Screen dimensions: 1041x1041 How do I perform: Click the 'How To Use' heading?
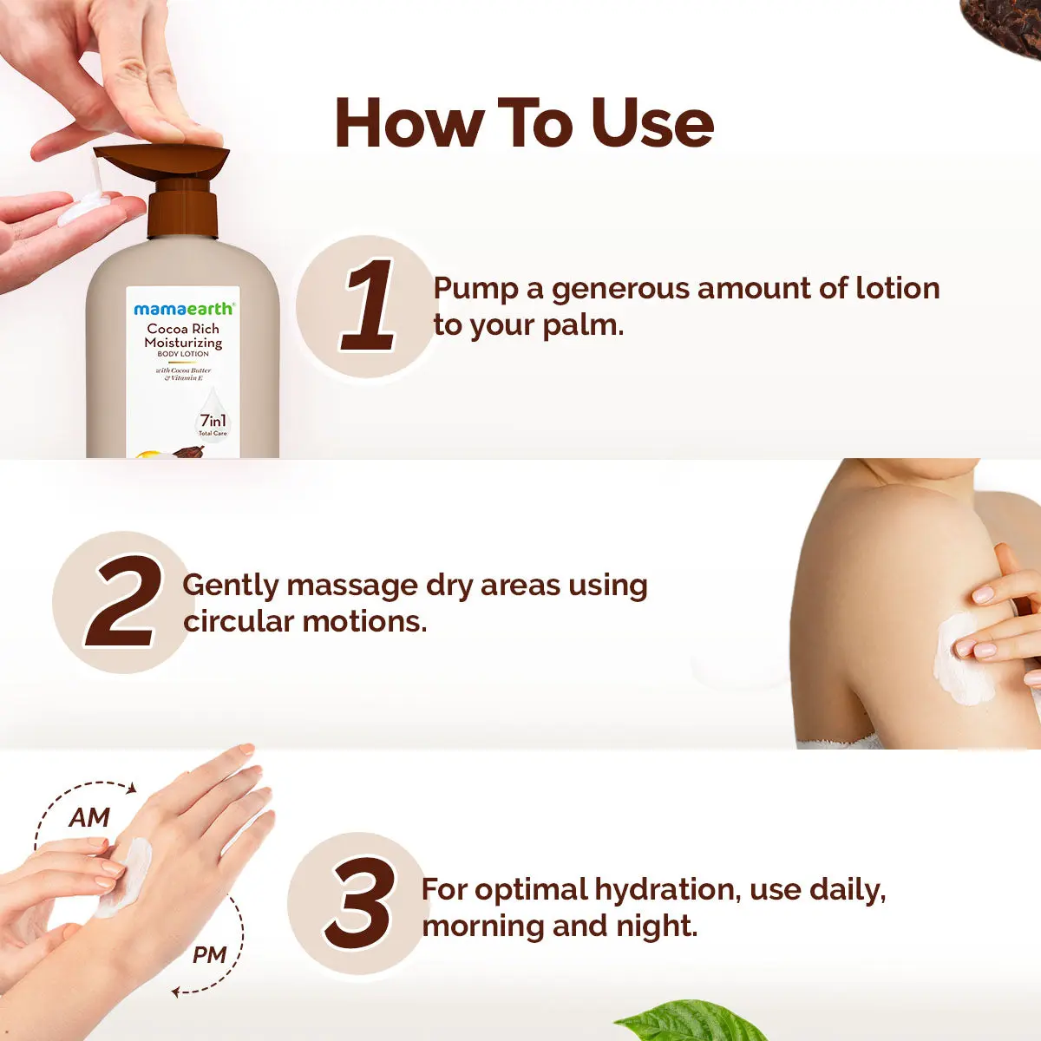point(524,123)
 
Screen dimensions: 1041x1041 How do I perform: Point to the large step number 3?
point(360,904)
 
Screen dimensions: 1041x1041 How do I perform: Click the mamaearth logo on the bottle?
point(183,309)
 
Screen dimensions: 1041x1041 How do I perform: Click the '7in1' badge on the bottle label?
point(213,422)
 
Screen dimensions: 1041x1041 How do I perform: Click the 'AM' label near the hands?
point(89,817)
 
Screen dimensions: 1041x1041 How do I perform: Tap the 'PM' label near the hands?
point(209,955)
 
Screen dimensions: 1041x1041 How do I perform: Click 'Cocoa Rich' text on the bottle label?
point(183,329)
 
